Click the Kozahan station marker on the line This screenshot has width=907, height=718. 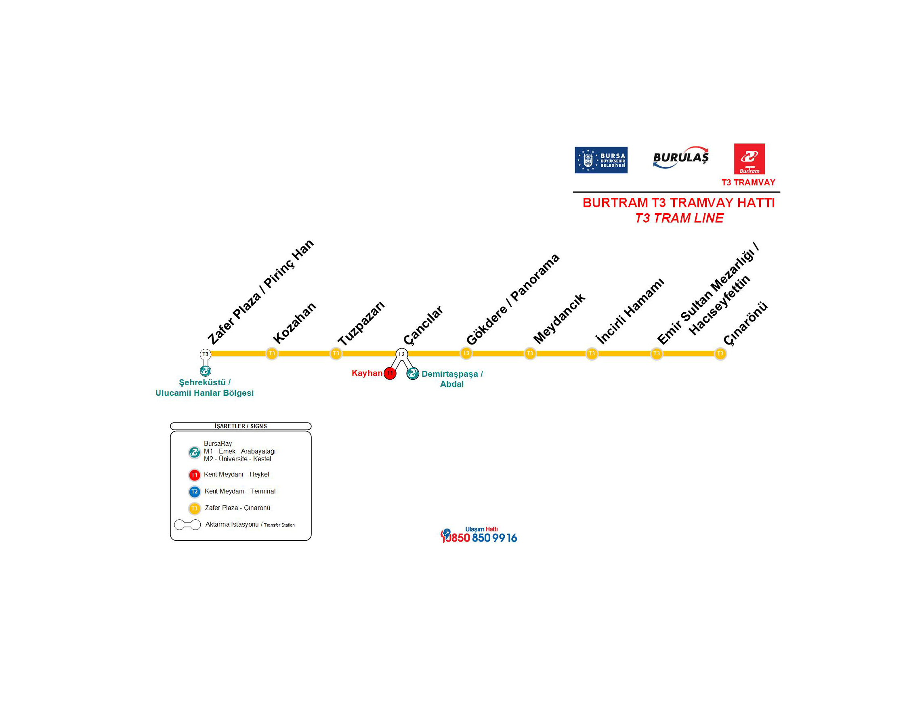coord(271,353)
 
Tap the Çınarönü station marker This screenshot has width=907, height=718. coord(720,353)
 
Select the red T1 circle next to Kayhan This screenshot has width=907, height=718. coord(390,373)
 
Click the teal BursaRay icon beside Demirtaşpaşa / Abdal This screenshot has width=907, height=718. coord(413,373)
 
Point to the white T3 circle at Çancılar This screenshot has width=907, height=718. coord(401,353)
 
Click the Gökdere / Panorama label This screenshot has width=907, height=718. coord(513,299)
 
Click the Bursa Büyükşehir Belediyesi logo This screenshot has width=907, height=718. coord(600,160)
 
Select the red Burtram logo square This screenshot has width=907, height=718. coord(749,159)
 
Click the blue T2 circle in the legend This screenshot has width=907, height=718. coord(194,491)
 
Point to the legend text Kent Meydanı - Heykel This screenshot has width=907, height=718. coord(236,474)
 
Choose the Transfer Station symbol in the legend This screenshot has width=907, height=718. coord(187,525)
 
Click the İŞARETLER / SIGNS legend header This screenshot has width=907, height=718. coord(240,426)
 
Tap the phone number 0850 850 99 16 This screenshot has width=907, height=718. coord(479,537)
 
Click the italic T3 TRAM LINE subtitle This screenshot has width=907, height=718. coord(679,218)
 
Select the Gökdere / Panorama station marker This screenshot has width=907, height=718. coord(466,353)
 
